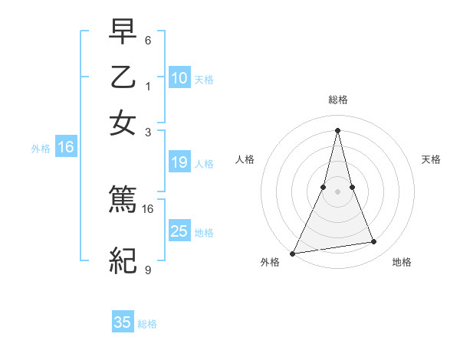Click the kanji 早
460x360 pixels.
[x=123, y=32]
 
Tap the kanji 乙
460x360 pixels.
[x=123, y=77]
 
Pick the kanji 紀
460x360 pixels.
[x=123, y=261]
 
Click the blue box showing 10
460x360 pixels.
[x=179, y=78]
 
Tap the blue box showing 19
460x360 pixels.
[x=179, y=162]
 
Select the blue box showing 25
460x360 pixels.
[x=179, y=231]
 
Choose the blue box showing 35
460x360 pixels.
[x=123, y=322]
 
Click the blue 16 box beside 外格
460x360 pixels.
[x=66, y=148]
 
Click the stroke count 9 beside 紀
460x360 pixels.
[x=148, y=270]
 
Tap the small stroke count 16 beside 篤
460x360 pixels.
[x=148, y=208]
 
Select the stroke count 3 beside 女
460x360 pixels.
[x=148, y=131]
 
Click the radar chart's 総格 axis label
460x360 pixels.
[x=338, y=100]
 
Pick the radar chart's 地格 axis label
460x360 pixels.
[x=402, y=263]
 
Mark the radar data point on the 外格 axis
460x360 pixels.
[x=293, y=254]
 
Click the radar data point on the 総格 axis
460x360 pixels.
[x=338, y=130]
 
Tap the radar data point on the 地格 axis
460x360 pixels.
[x=374, y=242]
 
